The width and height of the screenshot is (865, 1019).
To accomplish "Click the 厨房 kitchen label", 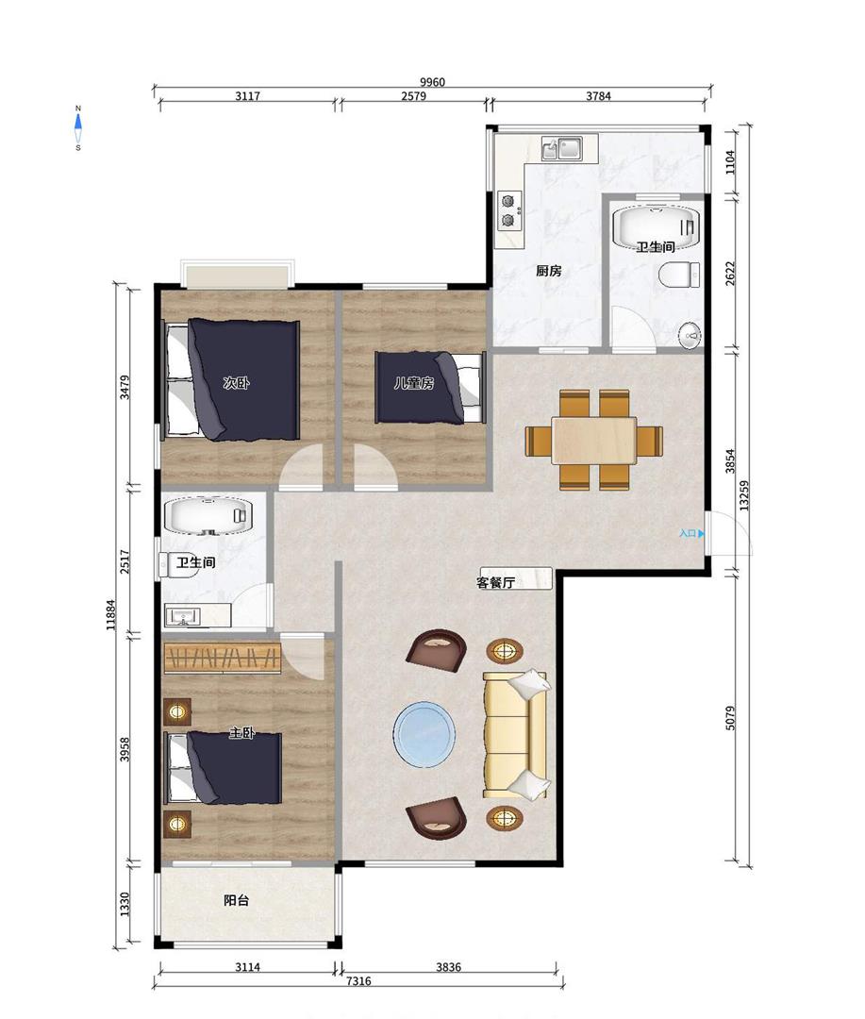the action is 548,271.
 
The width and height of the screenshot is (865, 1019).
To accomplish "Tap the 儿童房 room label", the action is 414,383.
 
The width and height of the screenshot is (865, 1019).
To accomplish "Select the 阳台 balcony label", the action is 236,900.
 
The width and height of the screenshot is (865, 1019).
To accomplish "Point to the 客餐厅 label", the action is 496,582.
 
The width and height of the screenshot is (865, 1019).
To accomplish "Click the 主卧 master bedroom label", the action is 241,733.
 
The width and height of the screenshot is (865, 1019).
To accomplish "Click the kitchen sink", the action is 561,148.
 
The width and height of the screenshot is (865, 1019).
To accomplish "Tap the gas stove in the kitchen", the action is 508,210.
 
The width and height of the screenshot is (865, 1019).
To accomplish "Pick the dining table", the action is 594,440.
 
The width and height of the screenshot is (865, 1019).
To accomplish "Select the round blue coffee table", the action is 424,734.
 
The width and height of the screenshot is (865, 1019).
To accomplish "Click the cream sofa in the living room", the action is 516,734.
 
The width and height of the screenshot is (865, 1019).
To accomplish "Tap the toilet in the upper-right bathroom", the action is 679,275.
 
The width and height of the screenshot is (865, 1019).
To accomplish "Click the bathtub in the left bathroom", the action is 208,516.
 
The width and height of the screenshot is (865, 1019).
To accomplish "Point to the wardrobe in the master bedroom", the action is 223,659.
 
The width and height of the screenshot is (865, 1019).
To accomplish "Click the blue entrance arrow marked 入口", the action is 701,533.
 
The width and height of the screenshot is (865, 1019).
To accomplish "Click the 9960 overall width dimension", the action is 432,82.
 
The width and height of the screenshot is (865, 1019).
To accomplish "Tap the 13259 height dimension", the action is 745,495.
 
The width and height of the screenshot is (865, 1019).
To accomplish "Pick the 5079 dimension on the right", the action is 730,718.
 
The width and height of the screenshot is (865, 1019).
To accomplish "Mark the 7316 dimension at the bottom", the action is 358,980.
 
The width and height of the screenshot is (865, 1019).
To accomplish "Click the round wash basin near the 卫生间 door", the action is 690,336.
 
